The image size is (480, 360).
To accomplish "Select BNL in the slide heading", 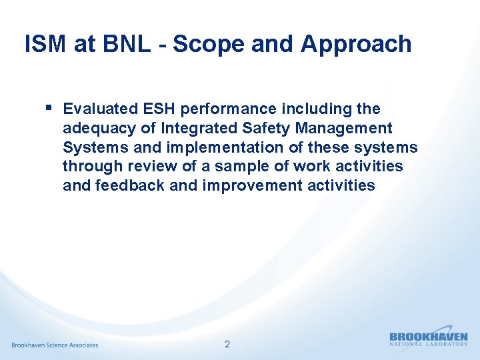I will tap(123, 44).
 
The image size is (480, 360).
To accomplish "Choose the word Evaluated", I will tap(100, 109).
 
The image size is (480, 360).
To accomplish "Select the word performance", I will tap(226, 109).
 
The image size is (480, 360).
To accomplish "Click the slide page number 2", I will tap(227, 345).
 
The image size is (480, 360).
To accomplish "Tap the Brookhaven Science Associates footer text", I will tap(55, 345).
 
